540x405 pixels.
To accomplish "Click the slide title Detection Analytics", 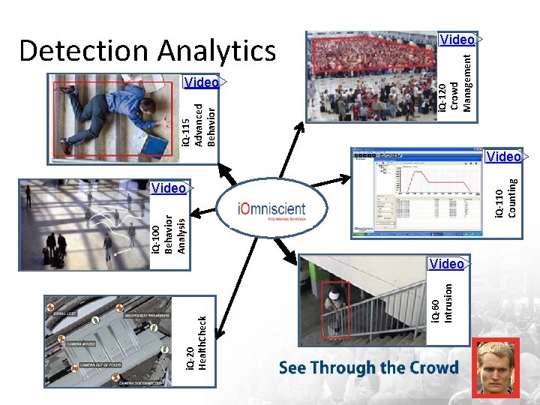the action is pyautogui.click(x=148, y=50).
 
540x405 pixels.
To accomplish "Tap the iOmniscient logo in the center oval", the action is pyautogui.click(x=271, y=208).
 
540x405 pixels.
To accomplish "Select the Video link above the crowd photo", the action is pyautogui.click(x=457, y=39).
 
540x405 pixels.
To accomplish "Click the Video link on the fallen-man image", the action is pyautogui.click(x=201, y=82).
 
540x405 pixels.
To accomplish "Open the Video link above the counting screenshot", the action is pyautogui.click(x=503, y=157).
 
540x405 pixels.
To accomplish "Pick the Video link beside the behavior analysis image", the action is pyautogui.click(x=168, y=188).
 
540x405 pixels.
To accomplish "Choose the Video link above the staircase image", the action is pyautogui.click(x=447, y=263).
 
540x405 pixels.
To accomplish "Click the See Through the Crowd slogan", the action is pyautogui.click(x=368, y=367).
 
